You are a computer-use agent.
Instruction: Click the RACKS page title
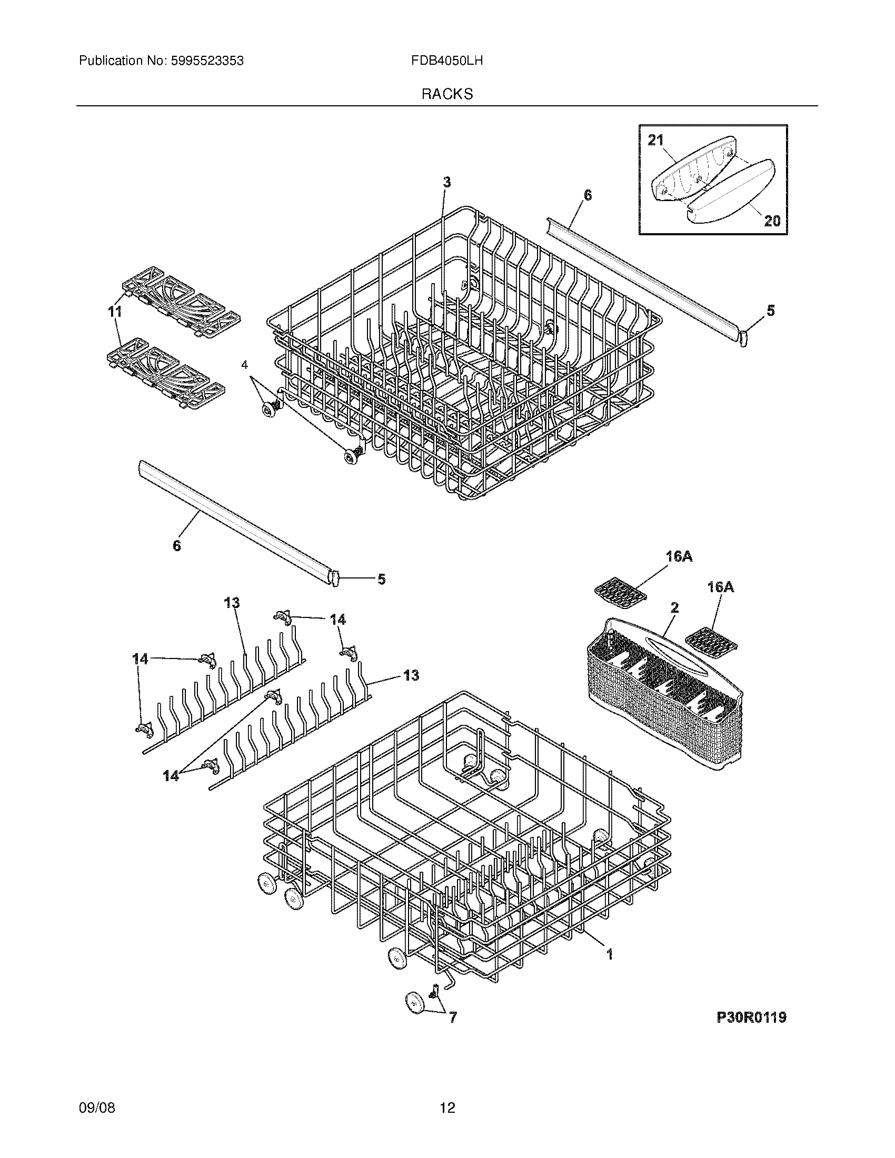coord(447,94)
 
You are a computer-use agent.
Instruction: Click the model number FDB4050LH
coord(446,61)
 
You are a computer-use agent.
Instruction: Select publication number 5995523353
coord(206,61)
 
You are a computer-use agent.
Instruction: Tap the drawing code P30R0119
coord(751,1017)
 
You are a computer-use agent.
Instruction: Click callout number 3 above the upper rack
coord(447,183)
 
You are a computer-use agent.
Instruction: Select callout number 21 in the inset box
coord(655,140)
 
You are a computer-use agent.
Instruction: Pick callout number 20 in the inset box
coord(771,220)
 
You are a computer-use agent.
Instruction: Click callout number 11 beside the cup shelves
coord(115,312)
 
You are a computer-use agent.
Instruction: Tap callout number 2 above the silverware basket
coord(674,607)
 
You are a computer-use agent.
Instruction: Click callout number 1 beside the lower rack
coord(610,954)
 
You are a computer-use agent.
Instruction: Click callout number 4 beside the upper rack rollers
coord(244,365)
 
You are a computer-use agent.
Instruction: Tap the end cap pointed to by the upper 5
coord(743,338)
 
